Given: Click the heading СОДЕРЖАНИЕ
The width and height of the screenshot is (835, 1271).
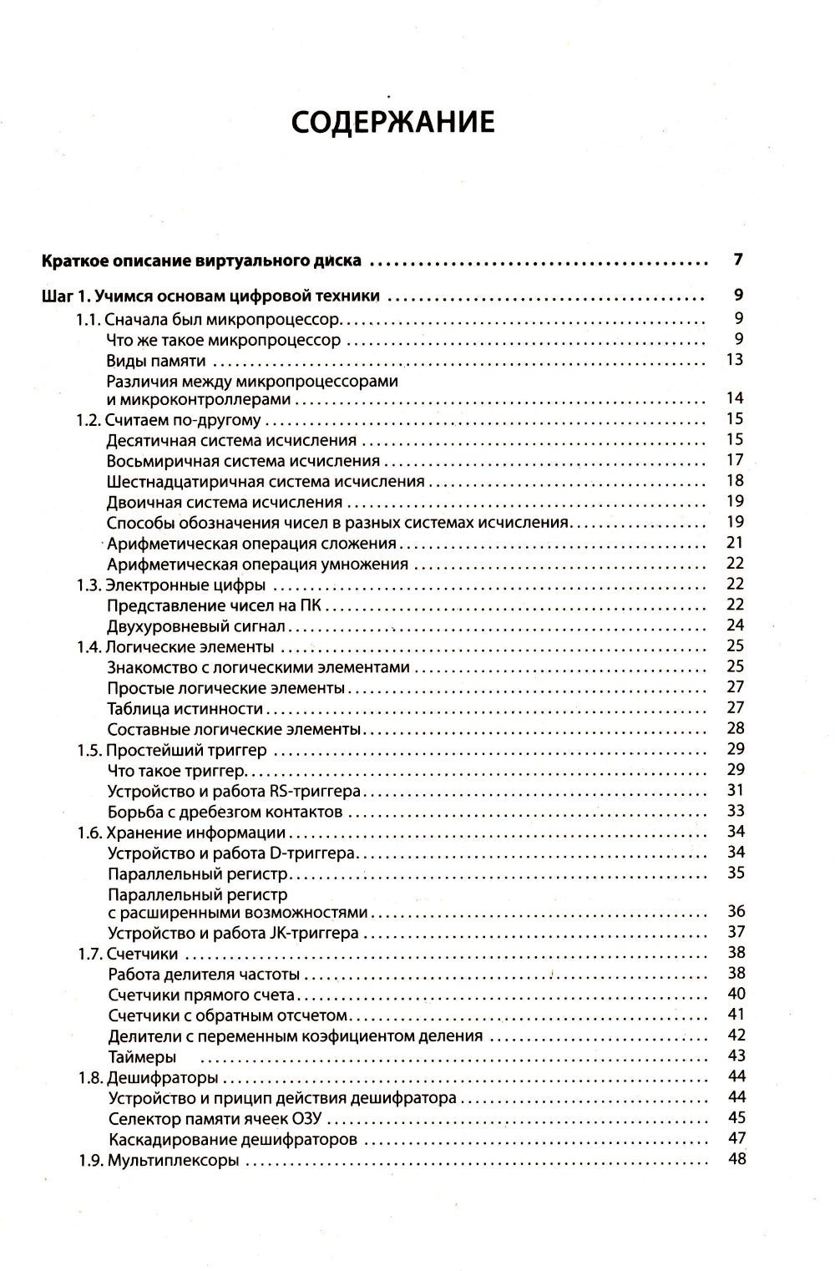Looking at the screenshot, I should coord(392,122).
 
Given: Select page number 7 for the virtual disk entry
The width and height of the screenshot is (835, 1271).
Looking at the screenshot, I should coord(737,260).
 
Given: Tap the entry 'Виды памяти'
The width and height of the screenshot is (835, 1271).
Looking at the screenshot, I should coord(156,361).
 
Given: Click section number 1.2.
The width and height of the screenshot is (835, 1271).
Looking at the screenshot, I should coord(89,419).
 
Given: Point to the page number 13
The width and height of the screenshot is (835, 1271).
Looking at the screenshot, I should coord(735,360).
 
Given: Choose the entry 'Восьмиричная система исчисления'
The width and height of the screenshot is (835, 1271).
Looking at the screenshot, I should coord(244,461).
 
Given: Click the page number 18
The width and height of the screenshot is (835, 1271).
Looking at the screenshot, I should coord(735,480).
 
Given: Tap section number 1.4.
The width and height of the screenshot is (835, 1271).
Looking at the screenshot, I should coord(89,646).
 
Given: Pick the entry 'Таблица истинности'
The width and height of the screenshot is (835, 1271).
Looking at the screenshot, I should coord(185,709).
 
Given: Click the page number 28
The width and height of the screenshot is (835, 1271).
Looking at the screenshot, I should coord(735,728).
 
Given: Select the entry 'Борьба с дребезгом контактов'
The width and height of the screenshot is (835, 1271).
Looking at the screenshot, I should coord(225,812).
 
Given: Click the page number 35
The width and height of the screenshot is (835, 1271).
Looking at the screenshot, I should coord(735,873).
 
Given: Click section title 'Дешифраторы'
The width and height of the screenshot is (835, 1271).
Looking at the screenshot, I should coord(162,1077).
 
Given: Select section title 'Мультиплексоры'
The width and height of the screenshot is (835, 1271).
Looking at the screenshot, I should coord(174,1160).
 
